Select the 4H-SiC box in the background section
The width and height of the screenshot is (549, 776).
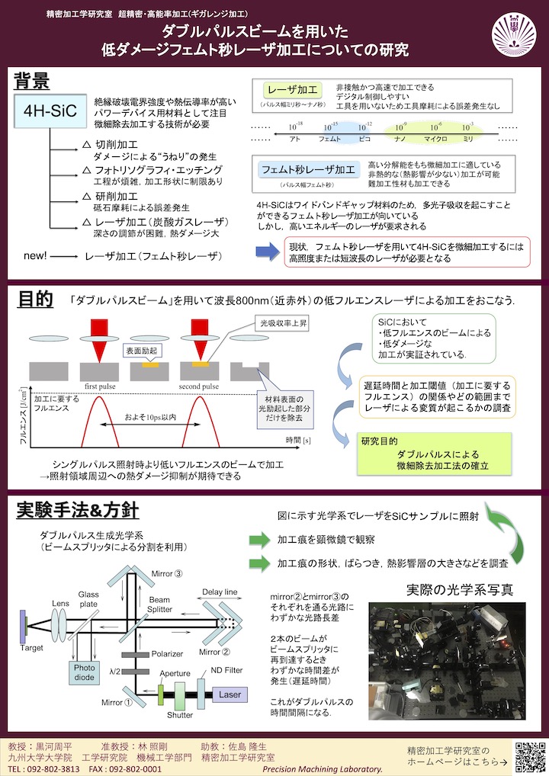tap(50, 111)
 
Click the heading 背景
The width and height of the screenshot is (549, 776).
tap(33, 81)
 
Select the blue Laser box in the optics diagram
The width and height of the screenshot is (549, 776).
tap(230, 694)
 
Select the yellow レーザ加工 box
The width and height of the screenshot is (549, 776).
tap(293, 89)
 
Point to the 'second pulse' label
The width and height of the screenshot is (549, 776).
tap(201, 386)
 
